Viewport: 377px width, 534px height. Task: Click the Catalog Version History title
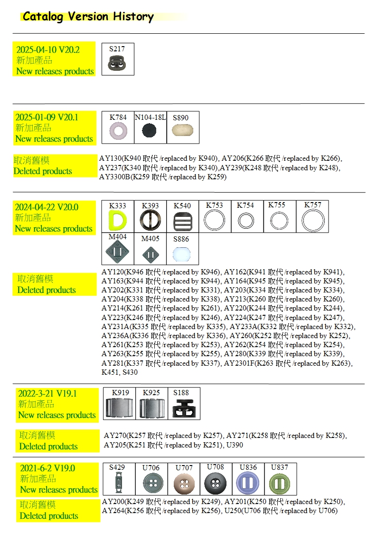88,16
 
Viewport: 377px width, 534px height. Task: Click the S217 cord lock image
117,63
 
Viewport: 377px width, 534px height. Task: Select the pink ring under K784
118,131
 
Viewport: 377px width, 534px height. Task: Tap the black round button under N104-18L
149,130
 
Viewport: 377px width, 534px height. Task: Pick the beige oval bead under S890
182,130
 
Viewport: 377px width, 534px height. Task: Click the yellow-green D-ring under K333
117,220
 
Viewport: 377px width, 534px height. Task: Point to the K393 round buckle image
150,220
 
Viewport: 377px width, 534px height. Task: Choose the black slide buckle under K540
182,222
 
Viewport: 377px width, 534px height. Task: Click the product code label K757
312,204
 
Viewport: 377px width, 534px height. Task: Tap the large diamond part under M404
117,252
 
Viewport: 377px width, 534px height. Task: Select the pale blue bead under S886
181,254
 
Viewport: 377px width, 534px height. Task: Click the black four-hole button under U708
215,483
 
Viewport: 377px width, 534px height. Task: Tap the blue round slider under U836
247,483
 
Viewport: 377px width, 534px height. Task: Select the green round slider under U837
280,483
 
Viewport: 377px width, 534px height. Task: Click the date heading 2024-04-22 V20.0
47,207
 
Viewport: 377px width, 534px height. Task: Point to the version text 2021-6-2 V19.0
47,468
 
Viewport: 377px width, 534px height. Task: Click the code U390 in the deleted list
235,445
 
